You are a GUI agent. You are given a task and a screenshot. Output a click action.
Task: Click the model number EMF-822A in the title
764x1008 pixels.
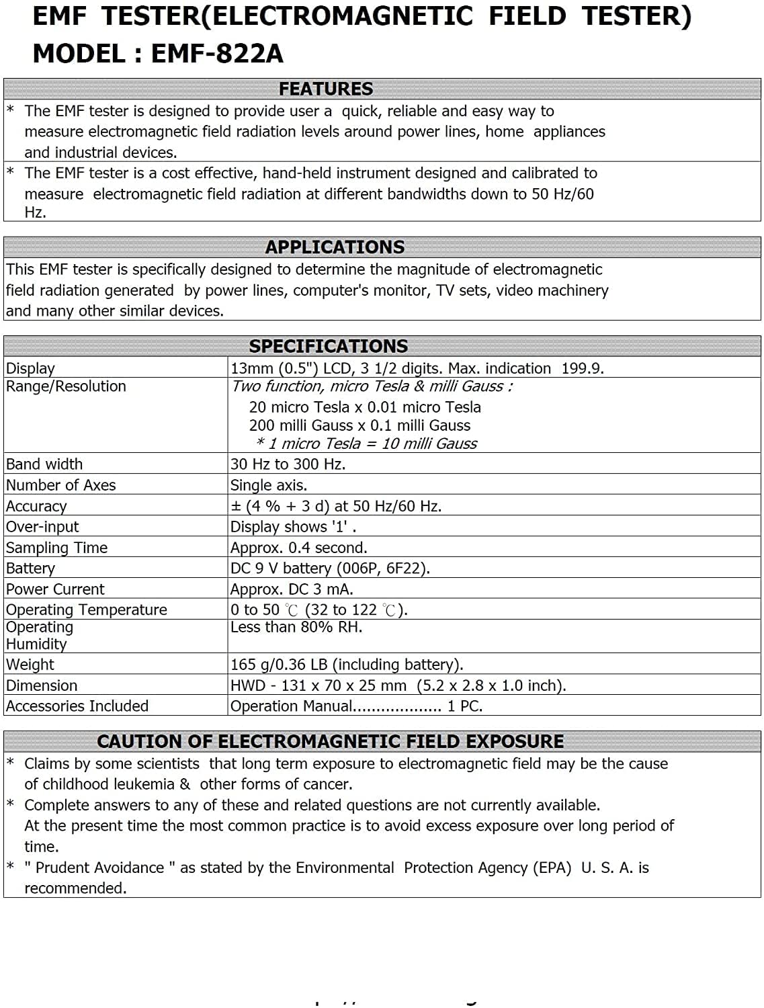[x=216, y=54]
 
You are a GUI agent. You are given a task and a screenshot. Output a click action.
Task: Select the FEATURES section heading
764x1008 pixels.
[x=326, y=89]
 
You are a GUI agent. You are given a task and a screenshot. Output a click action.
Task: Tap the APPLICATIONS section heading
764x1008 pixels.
[x=335, y=247]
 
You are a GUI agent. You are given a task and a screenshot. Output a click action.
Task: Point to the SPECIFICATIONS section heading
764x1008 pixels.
[x=329, y=346]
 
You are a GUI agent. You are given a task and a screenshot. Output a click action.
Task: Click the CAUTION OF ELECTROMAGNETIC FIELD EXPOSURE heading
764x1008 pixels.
[x=331, y=741]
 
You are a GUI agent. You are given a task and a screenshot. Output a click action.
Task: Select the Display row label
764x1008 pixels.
[x=30, y=368]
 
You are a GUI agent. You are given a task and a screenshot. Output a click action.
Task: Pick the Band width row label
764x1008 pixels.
[x=44, y=464]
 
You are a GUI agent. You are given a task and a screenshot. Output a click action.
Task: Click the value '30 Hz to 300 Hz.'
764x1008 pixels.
[x=288, y=464]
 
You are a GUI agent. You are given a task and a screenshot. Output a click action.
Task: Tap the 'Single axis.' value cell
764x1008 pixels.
[x=269, y=485]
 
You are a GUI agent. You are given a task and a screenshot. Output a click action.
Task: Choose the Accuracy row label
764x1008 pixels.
[x=36, y=506]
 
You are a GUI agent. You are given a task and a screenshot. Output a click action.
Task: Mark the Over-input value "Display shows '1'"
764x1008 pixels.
[x=293, y=527]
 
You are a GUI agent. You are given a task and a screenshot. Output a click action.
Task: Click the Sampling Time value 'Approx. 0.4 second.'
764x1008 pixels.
[x=299, y=548]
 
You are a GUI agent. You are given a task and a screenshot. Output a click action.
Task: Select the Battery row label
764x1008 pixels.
[x=30, y=569]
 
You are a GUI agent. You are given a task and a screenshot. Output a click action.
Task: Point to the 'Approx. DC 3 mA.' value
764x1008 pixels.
[x=292, y=589]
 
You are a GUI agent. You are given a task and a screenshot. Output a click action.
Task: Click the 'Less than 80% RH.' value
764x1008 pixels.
[x=296, y=627]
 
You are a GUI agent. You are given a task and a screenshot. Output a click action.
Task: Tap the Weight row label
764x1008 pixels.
[x=30, y=665]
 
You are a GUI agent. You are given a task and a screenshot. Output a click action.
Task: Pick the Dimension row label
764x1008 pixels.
[x=42, y=685]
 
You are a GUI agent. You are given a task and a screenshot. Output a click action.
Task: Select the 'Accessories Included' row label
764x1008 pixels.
[x=77, y=706]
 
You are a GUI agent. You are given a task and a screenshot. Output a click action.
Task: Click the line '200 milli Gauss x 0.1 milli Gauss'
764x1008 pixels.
[x=359, y=425]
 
